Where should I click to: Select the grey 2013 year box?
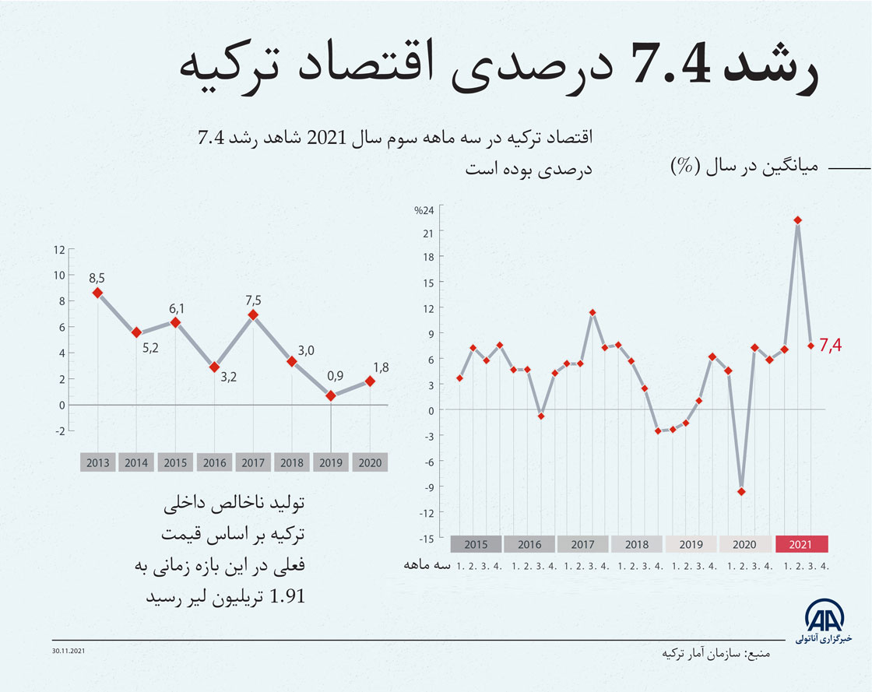[98, 463]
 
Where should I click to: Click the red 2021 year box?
[801, 545]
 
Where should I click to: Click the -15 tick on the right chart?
[427, 538]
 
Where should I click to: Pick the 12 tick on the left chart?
[59, 250]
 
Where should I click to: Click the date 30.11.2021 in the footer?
[69, 650]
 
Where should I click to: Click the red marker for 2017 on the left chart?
[253, 315]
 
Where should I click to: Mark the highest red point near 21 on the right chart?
[798, 220]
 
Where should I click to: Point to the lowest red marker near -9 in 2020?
[741, 491]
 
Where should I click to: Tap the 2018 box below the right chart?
[637, 545]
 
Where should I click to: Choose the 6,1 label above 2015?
[176, 308]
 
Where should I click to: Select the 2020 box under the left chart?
[371, 463]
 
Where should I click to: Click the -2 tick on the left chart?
[59, 430]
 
